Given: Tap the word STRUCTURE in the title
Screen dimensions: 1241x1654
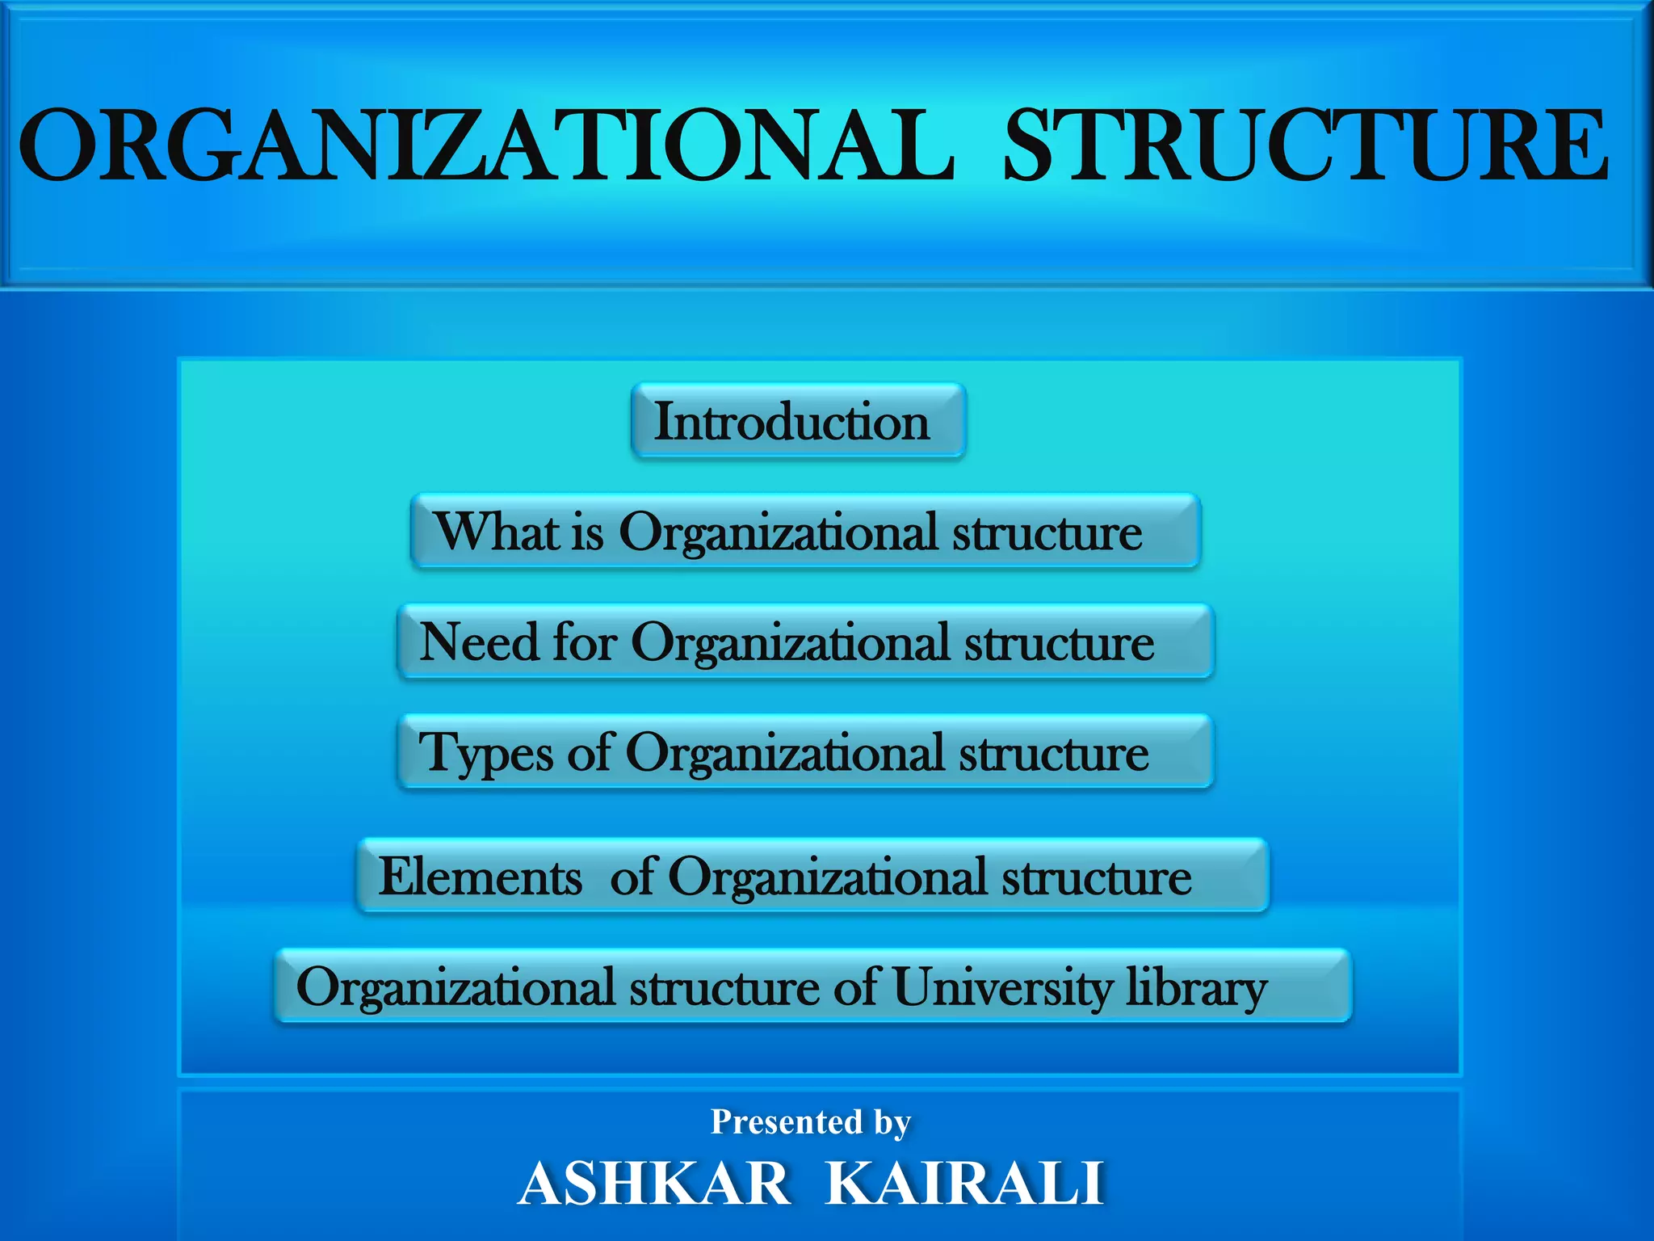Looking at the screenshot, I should (1306, 146).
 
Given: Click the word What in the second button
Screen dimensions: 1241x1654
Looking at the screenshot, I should (496, 532).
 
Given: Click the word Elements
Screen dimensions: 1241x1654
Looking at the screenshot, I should (480, 877).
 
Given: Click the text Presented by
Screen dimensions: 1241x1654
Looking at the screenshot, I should (810, 1121).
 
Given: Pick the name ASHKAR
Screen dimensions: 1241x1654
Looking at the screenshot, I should (654, 1183).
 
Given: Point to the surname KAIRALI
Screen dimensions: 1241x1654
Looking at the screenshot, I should (964, 1183).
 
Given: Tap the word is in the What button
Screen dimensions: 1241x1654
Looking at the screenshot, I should (587, 533).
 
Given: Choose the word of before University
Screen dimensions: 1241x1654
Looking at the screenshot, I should (856, 987).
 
